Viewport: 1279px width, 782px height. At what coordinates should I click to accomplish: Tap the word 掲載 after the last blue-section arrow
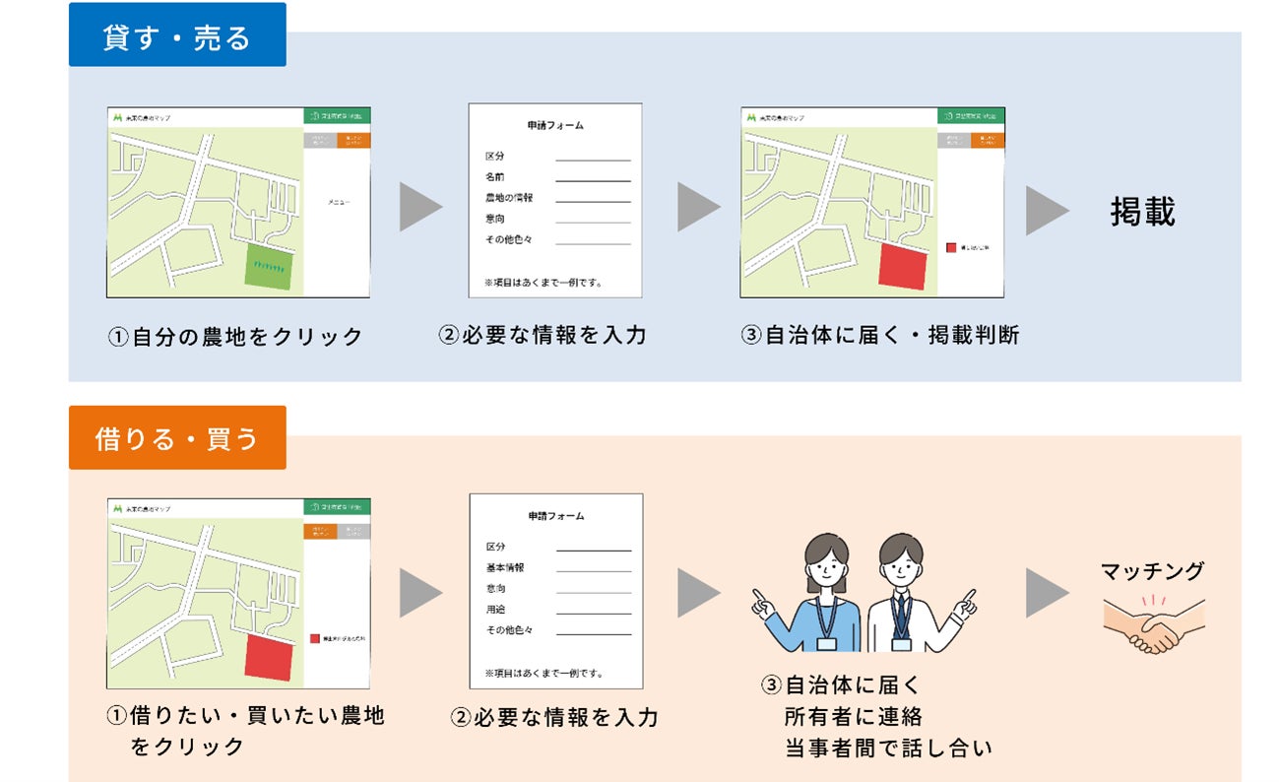[x=1142, y=212]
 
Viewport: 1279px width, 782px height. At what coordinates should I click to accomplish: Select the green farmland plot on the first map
[x=268, y=268]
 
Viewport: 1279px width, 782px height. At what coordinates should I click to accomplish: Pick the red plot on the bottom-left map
[x=269, y=657]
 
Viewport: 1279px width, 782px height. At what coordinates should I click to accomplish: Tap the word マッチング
[x=1152, y=571]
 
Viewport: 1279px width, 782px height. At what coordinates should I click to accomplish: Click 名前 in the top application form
[x=495, y=177]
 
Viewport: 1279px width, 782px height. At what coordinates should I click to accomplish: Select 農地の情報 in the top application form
[x=508, y=198]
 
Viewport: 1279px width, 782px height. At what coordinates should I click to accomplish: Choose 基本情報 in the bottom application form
[x=505, y=568]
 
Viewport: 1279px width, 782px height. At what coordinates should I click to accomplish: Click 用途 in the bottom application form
[x=496, y=610]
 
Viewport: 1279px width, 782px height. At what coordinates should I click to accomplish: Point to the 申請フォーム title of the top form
[x=555, y=126]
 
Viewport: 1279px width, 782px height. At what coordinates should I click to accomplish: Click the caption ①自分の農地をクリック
[x=235, y=337]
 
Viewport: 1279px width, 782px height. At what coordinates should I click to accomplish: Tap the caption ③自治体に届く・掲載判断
[x=880, y=335]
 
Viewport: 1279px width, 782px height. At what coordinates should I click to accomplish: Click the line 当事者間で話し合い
[x=888, y=749]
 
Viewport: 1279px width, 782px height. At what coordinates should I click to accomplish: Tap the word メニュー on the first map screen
[x=338, y=202]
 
